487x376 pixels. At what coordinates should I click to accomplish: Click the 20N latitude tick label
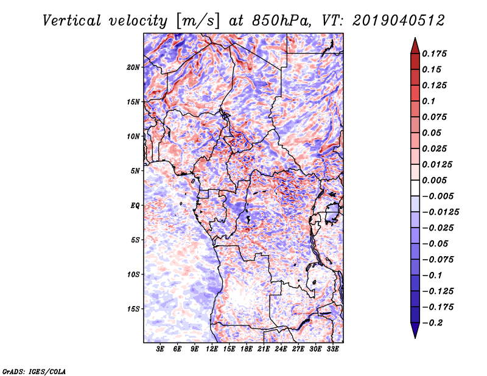(x=133, y=67)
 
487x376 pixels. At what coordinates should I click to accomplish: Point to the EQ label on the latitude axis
(x=135, y=205)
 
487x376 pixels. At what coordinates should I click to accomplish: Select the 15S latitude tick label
(x=133, y=308)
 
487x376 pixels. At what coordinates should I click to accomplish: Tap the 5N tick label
(x=135, y=170)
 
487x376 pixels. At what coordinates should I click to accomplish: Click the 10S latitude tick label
(x=133, y=274)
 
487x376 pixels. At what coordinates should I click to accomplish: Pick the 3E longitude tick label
(x=161, y=349)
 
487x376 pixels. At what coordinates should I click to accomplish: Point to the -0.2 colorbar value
(x=434, y=323)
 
